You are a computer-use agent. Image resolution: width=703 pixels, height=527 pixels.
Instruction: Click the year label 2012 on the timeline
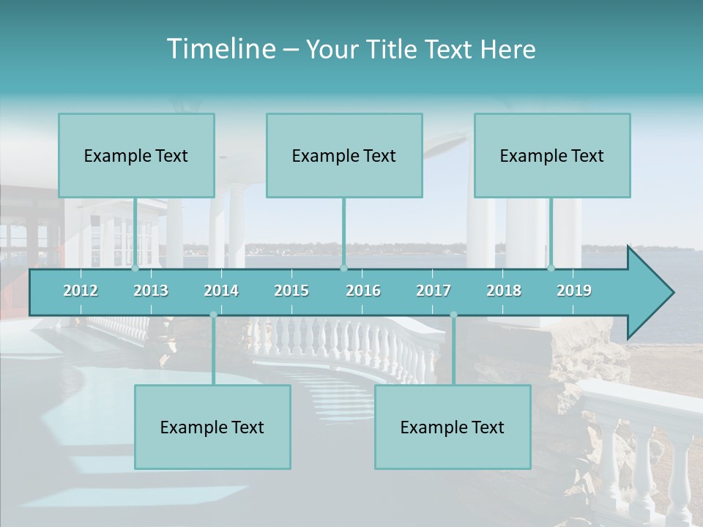point(81,291)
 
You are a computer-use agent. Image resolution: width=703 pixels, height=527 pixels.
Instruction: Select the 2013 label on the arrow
point(151,291)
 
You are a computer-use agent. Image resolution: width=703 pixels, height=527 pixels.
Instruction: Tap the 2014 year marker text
point(221,291)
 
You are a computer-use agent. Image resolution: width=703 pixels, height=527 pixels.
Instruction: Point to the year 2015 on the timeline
point(291,291)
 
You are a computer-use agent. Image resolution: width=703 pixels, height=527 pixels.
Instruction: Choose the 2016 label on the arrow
point(363,291)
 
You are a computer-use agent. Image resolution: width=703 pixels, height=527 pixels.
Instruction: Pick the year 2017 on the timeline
point(434,291)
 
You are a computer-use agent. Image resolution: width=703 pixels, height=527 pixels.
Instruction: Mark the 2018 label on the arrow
point(504,291)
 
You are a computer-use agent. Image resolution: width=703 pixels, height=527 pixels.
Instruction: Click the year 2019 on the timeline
point(574,291)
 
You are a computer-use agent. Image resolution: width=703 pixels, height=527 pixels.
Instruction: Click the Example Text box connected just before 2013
point(136,155)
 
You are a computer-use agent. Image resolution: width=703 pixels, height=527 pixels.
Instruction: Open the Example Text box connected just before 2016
point(344,155)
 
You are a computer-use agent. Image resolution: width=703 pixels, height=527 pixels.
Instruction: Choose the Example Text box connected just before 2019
point(552,155)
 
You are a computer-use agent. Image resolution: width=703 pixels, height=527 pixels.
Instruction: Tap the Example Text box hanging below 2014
point(212,427)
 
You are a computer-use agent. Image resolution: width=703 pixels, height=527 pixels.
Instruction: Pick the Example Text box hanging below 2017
point(453,427)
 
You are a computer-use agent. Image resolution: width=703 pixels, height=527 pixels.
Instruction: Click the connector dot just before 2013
point(135,268)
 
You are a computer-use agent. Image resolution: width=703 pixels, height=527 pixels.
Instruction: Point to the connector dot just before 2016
point(343,268)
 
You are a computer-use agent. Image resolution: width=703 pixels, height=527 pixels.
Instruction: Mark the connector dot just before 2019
point(551,268)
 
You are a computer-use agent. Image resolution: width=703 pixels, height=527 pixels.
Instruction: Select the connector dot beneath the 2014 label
point(213,315)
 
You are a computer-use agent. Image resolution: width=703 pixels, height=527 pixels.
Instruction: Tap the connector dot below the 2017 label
point(453,315)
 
